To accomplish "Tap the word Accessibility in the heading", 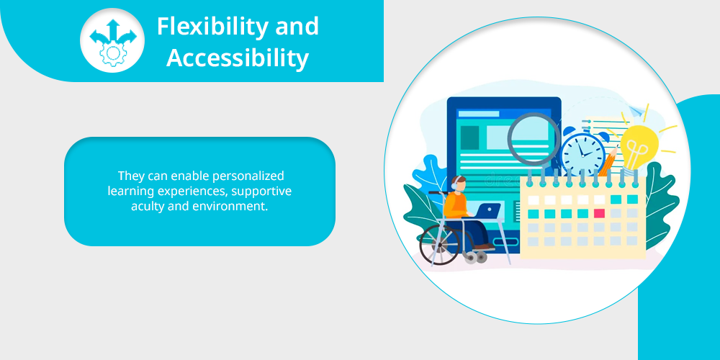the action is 238,59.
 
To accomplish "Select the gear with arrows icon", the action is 112,40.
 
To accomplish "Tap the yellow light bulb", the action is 639,146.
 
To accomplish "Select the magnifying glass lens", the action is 533,138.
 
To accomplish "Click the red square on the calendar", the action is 599,213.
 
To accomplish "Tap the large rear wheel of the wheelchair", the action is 439,244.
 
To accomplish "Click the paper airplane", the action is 636,109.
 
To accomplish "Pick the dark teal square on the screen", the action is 469,138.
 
